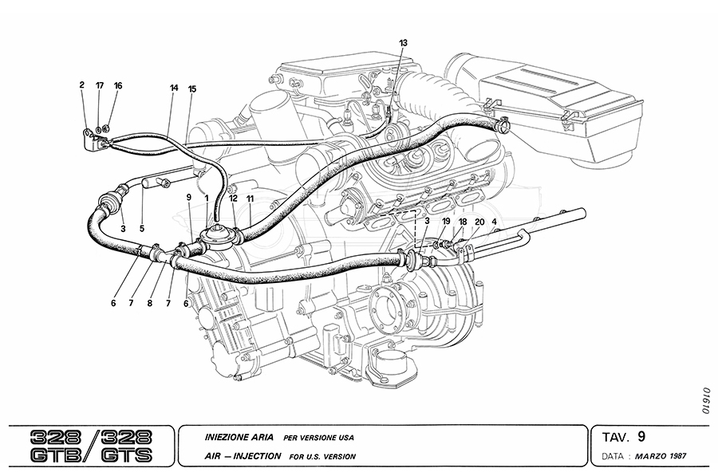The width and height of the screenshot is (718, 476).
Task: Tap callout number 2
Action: tap(81, 85)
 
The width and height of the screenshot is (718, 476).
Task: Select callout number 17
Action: tap(100, 85)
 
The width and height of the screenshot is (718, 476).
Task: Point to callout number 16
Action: tap(117, 85)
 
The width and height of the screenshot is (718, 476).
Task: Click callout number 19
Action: tap(446, 221)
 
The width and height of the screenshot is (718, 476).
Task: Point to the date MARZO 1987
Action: tap(658, 457)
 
